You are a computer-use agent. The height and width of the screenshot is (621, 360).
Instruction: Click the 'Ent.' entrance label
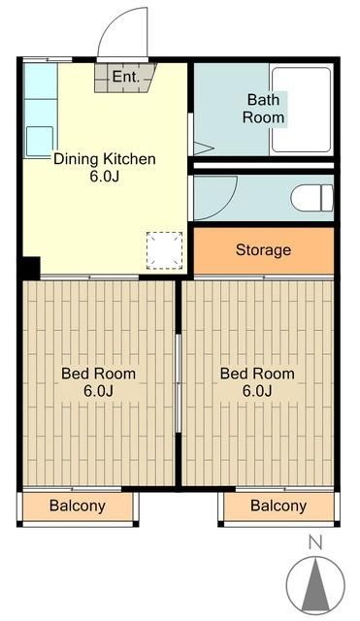126,77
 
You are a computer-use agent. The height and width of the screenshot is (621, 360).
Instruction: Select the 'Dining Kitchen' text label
105,159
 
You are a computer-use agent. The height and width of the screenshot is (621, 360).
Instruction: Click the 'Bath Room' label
263,109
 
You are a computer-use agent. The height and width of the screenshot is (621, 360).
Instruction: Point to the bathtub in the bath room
302,110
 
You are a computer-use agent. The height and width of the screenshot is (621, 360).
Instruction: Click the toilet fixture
312,198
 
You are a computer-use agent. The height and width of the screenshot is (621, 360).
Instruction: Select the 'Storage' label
263,250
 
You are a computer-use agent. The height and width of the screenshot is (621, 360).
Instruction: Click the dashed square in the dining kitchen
164,250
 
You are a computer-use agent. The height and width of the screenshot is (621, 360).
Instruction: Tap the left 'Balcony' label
78,506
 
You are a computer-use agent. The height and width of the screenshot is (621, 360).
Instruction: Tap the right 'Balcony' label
278,506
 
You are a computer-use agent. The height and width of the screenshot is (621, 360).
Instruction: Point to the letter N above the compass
315,542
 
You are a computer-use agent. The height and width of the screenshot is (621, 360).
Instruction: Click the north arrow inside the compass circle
315,584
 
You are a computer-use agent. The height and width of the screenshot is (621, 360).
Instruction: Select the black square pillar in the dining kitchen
31,268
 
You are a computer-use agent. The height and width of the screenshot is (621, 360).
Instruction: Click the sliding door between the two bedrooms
179,383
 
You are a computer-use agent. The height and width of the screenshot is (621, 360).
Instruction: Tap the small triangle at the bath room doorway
204,148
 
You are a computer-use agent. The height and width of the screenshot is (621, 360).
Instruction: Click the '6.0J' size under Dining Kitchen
105,177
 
